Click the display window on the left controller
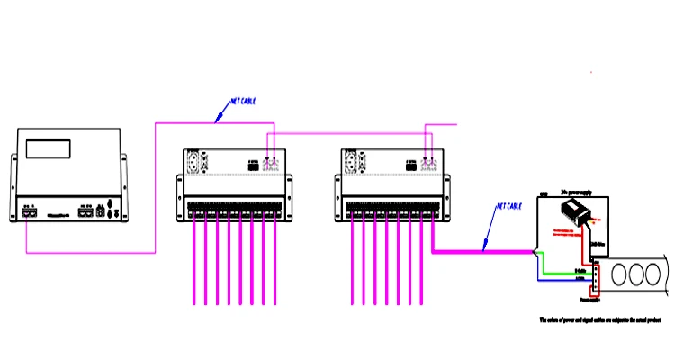[57, 148]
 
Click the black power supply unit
[577, 212]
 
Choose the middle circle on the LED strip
[640, 273]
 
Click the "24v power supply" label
[575, 192]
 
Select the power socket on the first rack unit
[194, 163]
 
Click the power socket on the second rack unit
[349, 163]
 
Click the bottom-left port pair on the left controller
[29, 213]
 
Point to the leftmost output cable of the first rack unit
[195, 261]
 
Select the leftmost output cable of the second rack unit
[352, 261]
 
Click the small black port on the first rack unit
[255, 166]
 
